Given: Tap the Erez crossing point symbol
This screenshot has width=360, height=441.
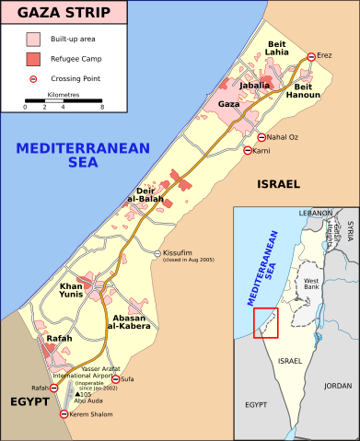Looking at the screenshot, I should [x=311, y=56].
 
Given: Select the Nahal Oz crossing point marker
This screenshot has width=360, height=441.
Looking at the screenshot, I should [x=261, y=137].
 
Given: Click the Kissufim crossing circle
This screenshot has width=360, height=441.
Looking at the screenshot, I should [x=157, y=253].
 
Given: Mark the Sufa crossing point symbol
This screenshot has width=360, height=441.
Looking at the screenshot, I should [x=115, y=378].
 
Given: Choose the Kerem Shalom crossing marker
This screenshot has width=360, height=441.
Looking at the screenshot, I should [x=64, y=415].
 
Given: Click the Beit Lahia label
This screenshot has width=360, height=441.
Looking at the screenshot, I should [x=277, y=49].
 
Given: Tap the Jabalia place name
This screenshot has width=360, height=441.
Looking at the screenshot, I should [x=254, y=85].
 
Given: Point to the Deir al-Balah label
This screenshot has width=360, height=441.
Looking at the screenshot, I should [x=145, y=195].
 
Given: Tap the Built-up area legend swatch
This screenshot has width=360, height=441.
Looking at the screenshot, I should [x=33, y=40].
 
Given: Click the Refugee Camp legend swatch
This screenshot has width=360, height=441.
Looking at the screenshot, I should [x=33, y=60].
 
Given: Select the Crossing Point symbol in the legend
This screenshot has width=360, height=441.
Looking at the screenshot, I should [x=33, y=79].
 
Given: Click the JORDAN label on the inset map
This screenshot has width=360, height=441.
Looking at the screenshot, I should [x=337, y=386].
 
